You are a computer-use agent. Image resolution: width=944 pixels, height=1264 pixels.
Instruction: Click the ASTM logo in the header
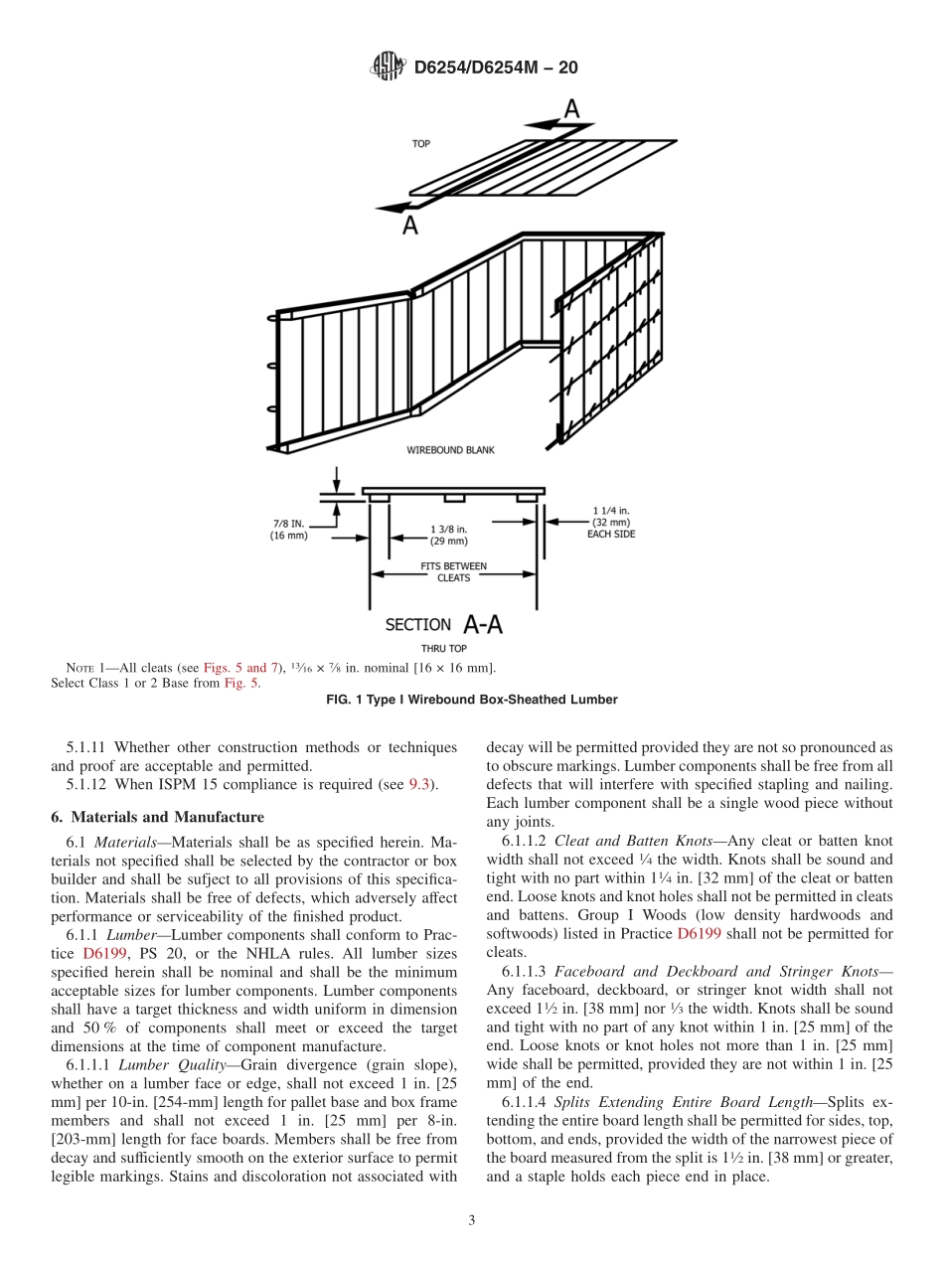coord(388,68)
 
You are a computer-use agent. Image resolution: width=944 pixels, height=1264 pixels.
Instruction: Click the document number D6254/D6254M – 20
coord(495,68)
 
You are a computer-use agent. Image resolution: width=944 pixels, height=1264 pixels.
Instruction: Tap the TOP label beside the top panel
coord(421,144)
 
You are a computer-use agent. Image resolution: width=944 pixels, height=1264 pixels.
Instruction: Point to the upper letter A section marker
coord(571,110)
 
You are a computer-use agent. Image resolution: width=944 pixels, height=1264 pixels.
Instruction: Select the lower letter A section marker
coord(409,226)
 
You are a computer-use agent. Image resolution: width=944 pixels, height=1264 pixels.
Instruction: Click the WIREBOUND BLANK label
coord(450,450)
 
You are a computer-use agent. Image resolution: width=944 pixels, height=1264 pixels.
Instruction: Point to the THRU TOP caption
coord(443,649)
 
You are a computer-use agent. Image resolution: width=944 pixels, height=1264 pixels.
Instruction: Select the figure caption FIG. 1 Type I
coord(472,700)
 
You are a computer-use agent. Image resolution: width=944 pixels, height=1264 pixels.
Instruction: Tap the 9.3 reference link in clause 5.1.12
coord(420,785)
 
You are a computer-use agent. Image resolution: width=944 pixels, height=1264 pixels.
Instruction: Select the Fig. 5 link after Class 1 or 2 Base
coord(241,683)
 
